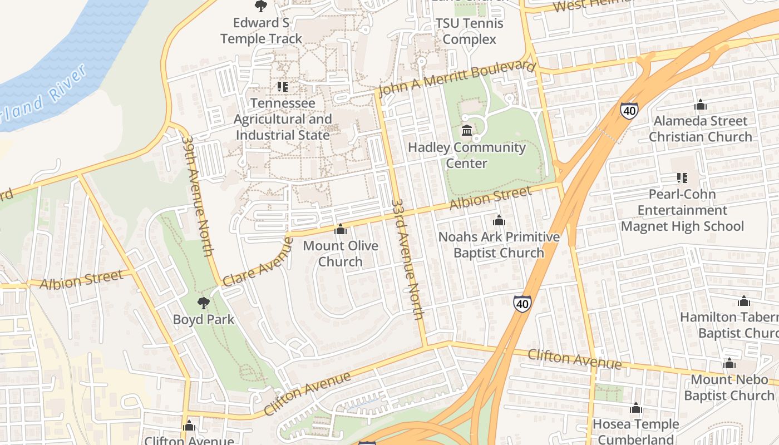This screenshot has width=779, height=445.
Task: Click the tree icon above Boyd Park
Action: pos(204,303)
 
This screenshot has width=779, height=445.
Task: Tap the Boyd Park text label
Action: pos(204,320)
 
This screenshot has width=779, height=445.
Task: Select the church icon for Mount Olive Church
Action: pos(340,229)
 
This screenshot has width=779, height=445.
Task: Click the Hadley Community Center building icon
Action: pos(467,131)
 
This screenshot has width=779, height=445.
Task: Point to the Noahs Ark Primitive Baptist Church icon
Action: pos(499,220)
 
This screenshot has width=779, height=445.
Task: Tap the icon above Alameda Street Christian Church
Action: pos(701,105)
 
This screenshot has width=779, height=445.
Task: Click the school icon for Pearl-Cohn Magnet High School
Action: pos(682,178)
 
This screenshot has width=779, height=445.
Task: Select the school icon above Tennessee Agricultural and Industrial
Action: pos(283,87)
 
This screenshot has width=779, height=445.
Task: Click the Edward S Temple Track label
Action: pos(262,31)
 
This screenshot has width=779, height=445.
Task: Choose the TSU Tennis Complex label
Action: pos(469,31)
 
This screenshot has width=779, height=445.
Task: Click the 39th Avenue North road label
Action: pos(198,196)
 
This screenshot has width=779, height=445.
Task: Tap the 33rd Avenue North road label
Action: pos(408,259)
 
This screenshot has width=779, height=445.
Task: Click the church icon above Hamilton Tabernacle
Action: pos(744,301)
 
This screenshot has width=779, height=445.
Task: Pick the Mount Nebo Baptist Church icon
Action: pos(729,364)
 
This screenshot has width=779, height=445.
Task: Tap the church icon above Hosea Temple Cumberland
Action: pos(636,408)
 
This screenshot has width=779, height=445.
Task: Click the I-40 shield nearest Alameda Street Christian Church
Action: pos(629,110)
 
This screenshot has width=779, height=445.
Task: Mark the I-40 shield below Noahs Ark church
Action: pos(522,304)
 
